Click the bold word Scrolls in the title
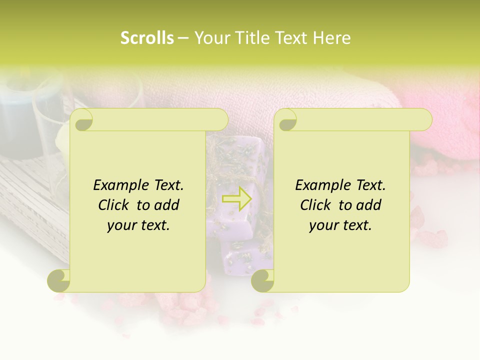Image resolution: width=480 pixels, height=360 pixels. [147, 38]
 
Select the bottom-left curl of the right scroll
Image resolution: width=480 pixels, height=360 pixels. [263, 280]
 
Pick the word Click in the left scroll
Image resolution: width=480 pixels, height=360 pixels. [114, 205]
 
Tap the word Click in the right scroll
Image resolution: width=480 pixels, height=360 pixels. [316, 205]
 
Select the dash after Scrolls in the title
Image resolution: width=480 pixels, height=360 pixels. [183, 38]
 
